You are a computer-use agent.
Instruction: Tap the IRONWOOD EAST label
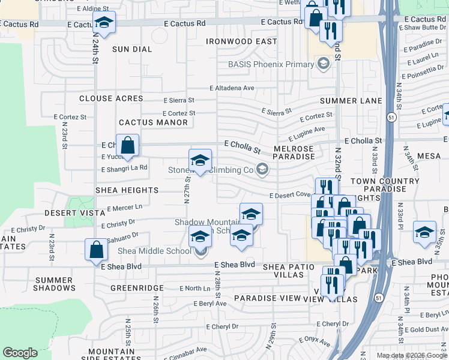[x=241, y=41]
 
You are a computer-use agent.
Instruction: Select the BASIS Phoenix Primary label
[x=271, y=64]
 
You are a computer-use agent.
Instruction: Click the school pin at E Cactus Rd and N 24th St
[x=104, y=24]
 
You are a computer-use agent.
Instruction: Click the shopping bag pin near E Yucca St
[x=128, y=146]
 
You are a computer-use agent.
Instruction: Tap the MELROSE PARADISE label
[x=294, y=152]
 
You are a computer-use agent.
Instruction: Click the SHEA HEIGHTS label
[x=127, y=190]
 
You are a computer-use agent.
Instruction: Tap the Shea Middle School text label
[x=154, y=251]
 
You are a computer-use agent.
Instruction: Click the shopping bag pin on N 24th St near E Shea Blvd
[x=96, y=250]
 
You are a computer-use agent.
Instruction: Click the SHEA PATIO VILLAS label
[x=281, y=270]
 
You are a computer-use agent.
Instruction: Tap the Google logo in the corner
[x=20, y=353]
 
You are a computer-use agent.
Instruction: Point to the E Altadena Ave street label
[x=232, y=88]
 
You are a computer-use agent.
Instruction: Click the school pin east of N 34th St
[x=425, y=232]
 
